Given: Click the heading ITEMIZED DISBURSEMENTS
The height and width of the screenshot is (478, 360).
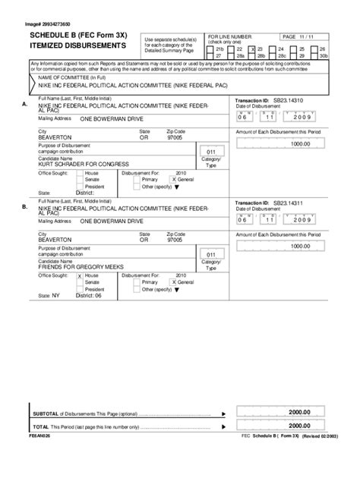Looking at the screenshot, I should click(77, 46).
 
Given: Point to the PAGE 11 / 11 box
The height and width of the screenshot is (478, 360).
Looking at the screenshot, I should click(305, 36).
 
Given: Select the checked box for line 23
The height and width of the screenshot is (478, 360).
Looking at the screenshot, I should click(254, 49).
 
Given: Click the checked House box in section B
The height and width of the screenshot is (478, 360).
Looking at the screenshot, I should click(81, 275).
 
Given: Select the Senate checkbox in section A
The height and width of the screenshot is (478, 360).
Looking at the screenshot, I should click(81, 179).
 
